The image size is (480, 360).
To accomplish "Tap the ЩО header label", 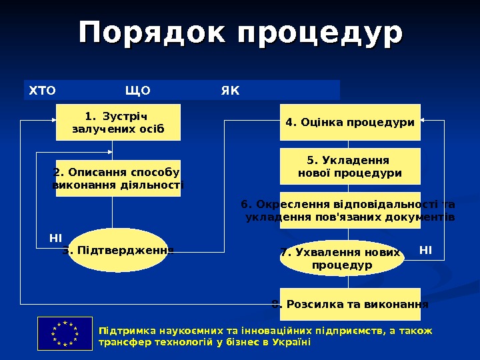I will [137, 90].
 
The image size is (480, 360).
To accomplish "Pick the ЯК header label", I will [229, 90].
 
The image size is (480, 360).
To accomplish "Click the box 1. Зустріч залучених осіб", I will [118, 122].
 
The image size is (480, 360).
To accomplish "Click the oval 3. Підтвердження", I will [118, 251].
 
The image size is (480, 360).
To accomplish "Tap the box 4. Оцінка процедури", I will [350, 122].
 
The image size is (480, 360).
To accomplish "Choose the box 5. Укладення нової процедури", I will [350, 167].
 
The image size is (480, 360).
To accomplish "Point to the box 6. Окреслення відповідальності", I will [350, 211].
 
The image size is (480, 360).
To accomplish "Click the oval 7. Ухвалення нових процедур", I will [341, 259].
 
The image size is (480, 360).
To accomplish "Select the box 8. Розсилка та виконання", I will [350, 305].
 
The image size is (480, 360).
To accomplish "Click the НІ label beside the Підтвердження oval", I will [55, 237].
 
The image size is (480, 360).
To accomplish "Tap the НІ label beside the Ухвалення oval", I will [425, 250].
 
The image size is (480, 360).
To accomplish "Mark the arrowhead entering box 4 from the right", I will [425, 121].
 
